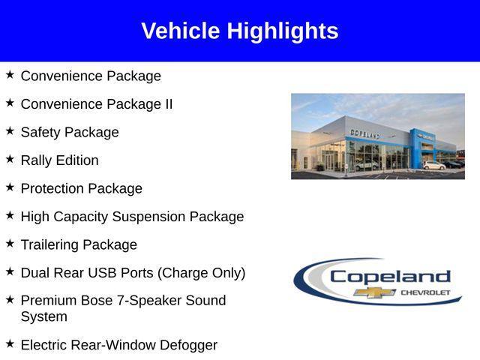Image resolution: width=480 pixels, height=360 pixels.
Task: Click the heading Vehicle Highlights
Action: click(x=240, y=31)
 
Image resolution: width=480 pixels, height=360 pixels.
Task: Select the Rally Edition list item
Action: click(x=59, y=160)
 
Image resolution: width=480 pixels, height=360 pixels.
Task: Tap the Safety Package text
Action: click(x=70, y=133)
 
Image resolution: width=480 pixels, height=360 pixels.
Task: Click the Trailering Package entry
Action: click(x=79, y=245)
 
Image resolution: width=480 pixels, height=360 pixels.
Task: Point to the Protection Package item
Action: click(x=81, y=189)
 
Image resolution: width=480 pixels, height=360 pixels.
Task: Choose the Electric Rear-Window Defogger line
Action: click(x=118, y=345)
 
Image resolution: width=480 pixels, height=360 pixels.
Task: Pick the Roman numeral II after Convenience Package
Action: click(x=168, y=104)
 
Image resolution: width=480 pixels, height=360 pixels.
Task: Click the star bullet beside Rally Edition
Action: click(x=10, y=159)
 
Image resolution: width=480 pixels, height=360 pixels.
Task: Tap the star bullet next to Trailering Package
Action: click(x=10, y=244)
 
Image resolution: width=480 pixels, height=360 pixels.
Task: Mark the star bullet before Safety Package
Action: click(x=10, y=131)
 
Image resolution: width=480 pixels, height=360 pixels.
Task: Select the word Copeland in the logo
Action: click(x=390, y=277)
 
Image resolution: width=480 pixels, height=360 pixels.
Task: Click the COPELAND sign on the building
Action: click(x=365, y=133)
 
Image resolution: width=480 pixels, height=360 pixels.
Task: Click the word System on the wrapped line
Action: click(x=43, y=317)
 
